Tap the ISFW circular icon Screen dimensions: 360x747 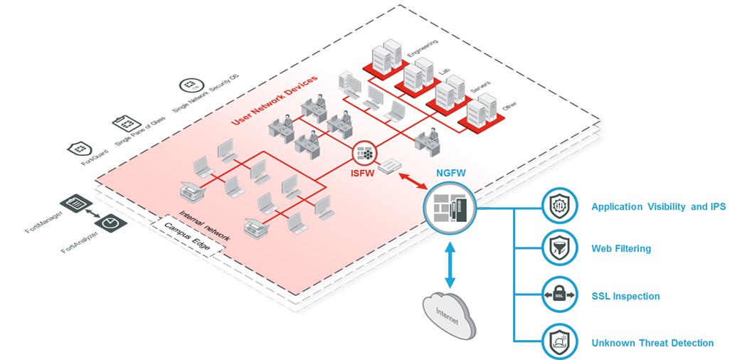point(364,152)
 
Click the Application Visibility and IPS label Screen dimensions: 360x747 point(659,207)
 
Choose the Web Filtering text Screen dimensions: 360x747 point(621,249)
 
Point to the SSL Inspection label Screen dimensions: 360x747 point(625,296)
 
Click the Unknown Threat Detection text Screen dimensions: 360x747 point(652,343)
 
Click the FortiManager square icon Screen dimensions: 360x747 point(73,204)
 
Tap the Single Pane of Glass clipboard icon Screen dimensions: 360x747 point(122,122)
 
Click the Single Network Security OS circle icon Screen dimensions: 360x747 point(189,86)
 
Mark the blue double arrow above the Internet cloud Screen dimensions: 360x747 point(449,264)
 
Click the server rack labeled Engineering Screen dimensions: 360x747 point(385,53)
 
